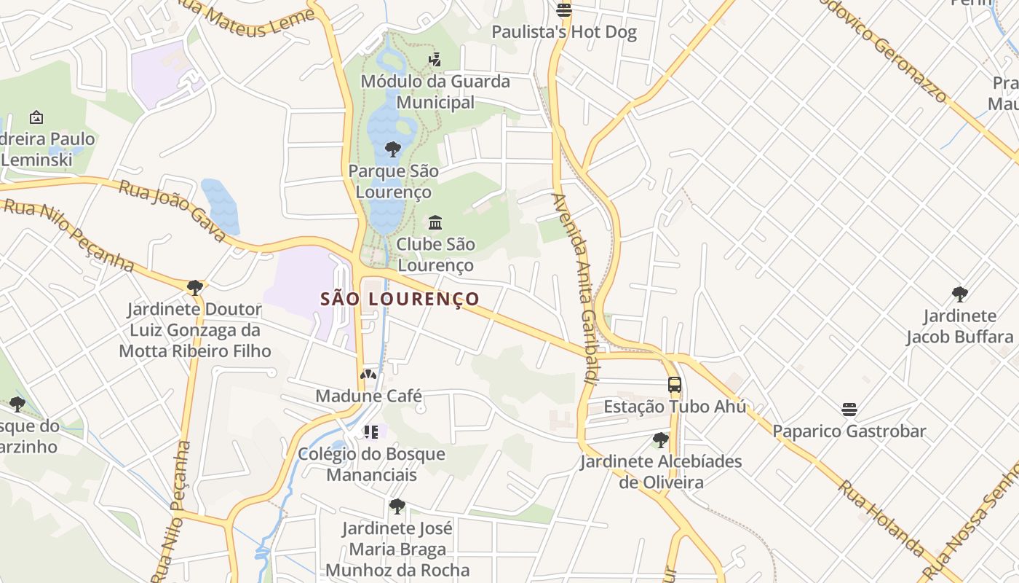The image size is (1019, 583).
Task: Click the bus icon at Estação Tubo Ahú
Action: click(675, 385)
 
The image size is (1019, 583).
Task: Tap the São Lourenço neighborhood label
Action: click(400, 299)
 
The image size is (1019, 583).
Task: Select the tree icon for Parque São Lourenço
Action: click(393, 150)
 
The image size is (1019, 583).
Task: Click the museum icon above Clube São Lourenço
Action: click(435, 222)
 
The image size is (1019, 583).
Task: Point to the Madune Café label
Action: click(368, 396)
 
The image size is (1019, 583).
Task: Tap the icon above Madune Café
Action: click(368, 375)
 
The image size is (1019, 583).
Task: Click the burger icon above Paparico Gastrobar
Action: click(849, 409)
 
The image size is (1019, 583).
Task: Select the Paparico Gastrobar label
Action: click(849, 431)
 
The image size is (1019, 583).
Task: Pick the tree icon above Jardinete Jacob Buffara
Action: click(959, 294)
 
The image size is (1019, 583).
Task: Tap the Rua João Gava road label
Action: click(173, 211)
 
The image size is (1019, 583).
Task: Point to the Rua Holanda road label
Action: click(881, 517)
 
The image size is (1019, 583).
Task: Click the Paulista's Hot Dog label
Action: click(564, 32)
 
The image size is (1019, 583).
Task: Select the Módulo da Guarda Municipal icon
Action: click(435, 60)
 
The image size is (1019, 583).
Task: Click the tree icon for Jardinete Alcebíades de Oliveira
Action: click(660, 440)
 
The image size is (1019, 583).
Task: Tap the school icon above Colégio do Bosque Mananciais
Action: click(371, 432)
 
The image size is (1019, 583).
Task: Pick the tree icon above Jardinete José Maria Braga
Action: click(397, 506)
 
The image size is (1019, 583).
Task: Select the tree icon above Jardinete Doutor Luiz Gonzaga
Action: click(194, 288)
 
